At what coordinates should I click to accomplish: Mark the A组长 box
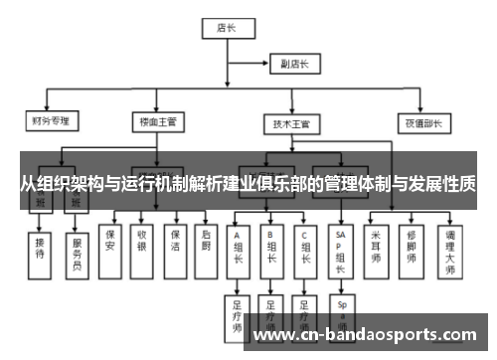[239, 249]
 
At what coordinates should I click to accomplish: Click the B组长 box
[271, 249]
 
